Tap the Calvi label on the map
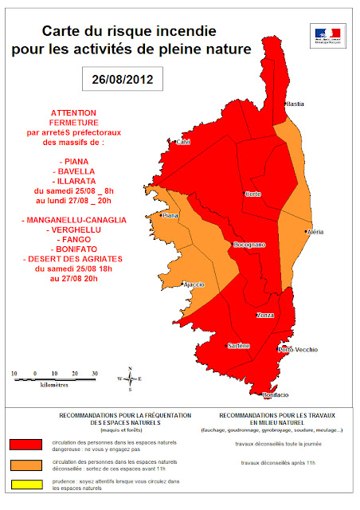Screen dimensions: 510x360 pos(183,142)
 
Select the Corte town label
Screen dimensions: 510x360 pos(253,194)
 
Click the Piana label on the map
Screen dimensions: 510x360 pos(169,215)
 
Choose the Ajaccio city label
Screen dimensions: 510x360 pos(194,284)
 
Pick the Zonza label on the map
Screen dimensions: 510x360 pos(265,316)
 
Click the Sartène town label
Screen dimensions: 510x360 pos(239,345)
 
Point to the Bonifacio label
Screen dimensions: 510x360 pos(275,395)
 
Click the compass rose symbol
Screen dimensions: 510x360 pos(130,379)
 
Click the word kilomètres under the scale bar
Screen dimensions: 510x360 pos(54,385)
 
